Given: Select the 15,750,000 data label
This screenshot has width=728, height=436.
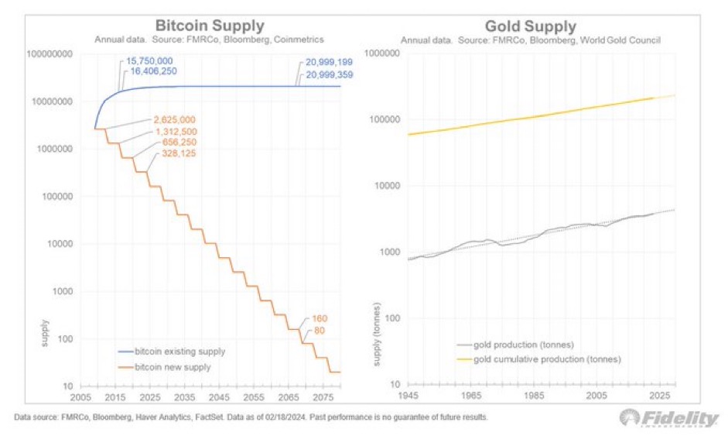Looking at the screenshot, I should (151, 60).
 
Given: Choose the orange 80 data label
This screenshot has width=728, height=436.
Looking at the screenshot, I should (319, 331).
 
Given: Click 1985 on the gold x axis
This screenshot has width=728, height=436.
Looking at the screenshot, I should (532, 396).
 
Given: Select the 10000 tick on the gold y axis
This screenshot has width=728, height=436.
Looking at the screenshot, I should (384, 186).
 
